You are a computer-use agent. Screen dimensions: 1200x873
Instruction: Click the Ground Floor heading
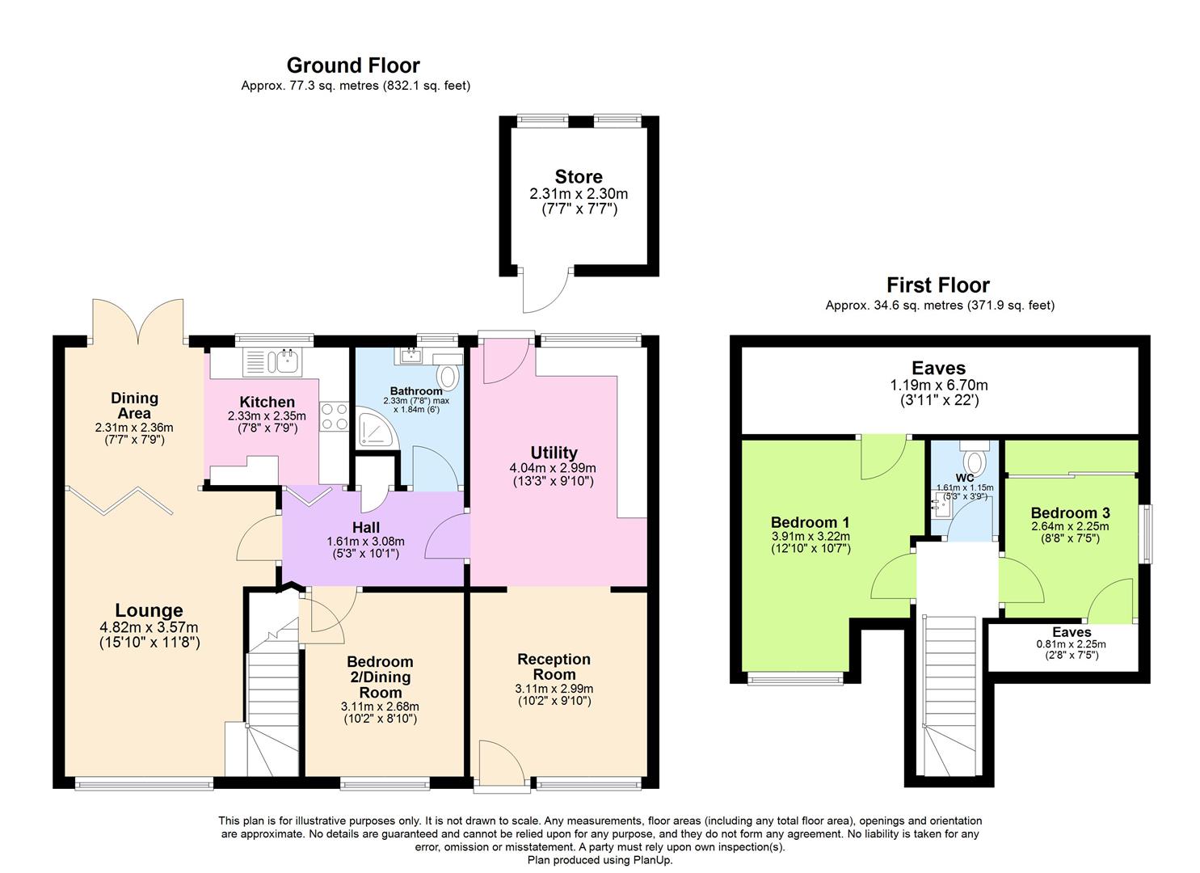tap(353, 65)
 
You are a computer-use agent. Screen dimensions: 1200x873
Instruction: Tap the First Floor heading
tap(938, 285)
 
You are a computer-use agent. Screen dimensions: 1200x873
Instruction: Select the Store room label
tap(579, 176)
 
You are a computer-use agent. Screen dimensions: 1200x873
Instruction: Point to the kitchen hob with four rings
tap(334, 416)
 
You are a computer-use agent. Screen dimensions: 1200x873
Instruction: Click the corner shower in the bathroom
tap(377, 428)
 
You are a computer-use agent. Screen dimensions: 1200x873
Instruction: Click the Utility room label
tap(554, 452)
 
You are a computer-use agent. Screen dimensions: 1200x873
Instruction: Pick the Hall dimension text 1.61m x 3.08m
tap(365, 542)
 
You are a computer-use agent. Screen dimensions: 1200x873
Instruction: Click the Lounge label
tap(149, 609)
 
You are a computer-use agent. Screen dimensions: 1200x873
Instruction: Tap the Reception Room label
tap(554, 666)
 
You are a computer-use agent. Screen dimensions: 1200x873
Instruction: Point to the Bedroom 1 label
tap(811, 522)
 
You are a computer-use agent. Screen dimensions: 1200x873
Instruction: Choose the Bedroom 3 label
tap(1071, 512)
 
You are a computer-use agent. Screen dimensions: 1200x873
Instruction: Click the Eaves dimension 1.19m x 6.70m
tap(939, 385)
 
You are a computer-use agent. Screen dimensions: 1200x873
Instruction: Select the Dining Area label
tap(134, 405)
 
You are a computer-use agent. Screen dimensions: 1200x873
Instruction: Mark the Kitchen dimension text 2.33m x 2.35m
tap(267, 415)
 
